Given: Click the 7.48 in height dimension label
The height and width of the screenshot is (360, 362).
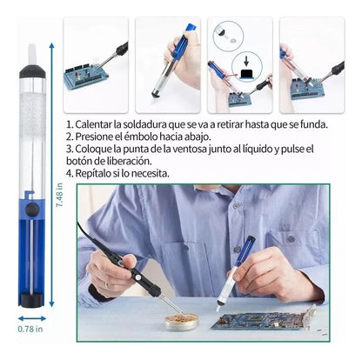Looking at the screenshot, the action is pos(59,195).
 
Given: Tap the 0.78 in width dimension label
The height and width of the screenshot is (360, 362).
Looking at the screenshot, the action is pos(30,329).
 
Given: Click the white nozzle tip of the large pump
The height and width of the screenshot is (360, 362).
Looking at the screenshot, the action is pos(32,54).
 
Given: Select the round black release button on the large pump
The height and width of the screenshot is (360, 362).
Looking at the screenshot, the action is pos(32,210).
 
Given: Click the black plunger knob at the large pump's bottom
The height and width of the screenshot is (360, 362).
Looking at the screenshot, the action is pos(32,299).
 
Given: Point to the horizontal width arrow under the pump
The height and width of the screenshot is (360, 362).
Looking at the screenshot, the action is pos(32,318).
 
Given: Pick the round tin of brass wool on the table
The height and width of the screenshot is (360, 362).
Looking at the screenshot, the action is pos(182,321).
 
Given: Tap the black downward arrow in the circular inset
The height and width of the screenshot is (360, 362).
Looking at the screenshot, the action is pos(246,61).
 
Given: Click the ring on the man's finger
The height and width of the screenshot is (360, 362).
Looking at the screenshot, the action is pos(107,285).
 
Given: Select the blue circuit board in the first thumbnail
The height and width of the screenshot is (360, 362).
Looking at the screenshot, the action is pos(86,76).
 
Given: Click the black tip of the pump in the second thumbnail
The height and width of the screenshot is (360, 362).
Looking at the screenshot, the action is pos(157,94).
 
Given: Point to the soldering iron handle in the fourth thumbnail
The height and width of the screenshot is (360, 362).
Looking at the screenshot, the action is pos(337,69).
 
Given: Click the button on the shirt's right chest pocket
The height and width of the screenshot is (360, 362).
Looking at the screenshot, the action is pos(291,239).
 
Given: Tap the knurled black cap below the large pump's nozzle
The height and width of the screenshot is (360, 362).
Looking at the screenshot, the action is pos(32,71).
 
